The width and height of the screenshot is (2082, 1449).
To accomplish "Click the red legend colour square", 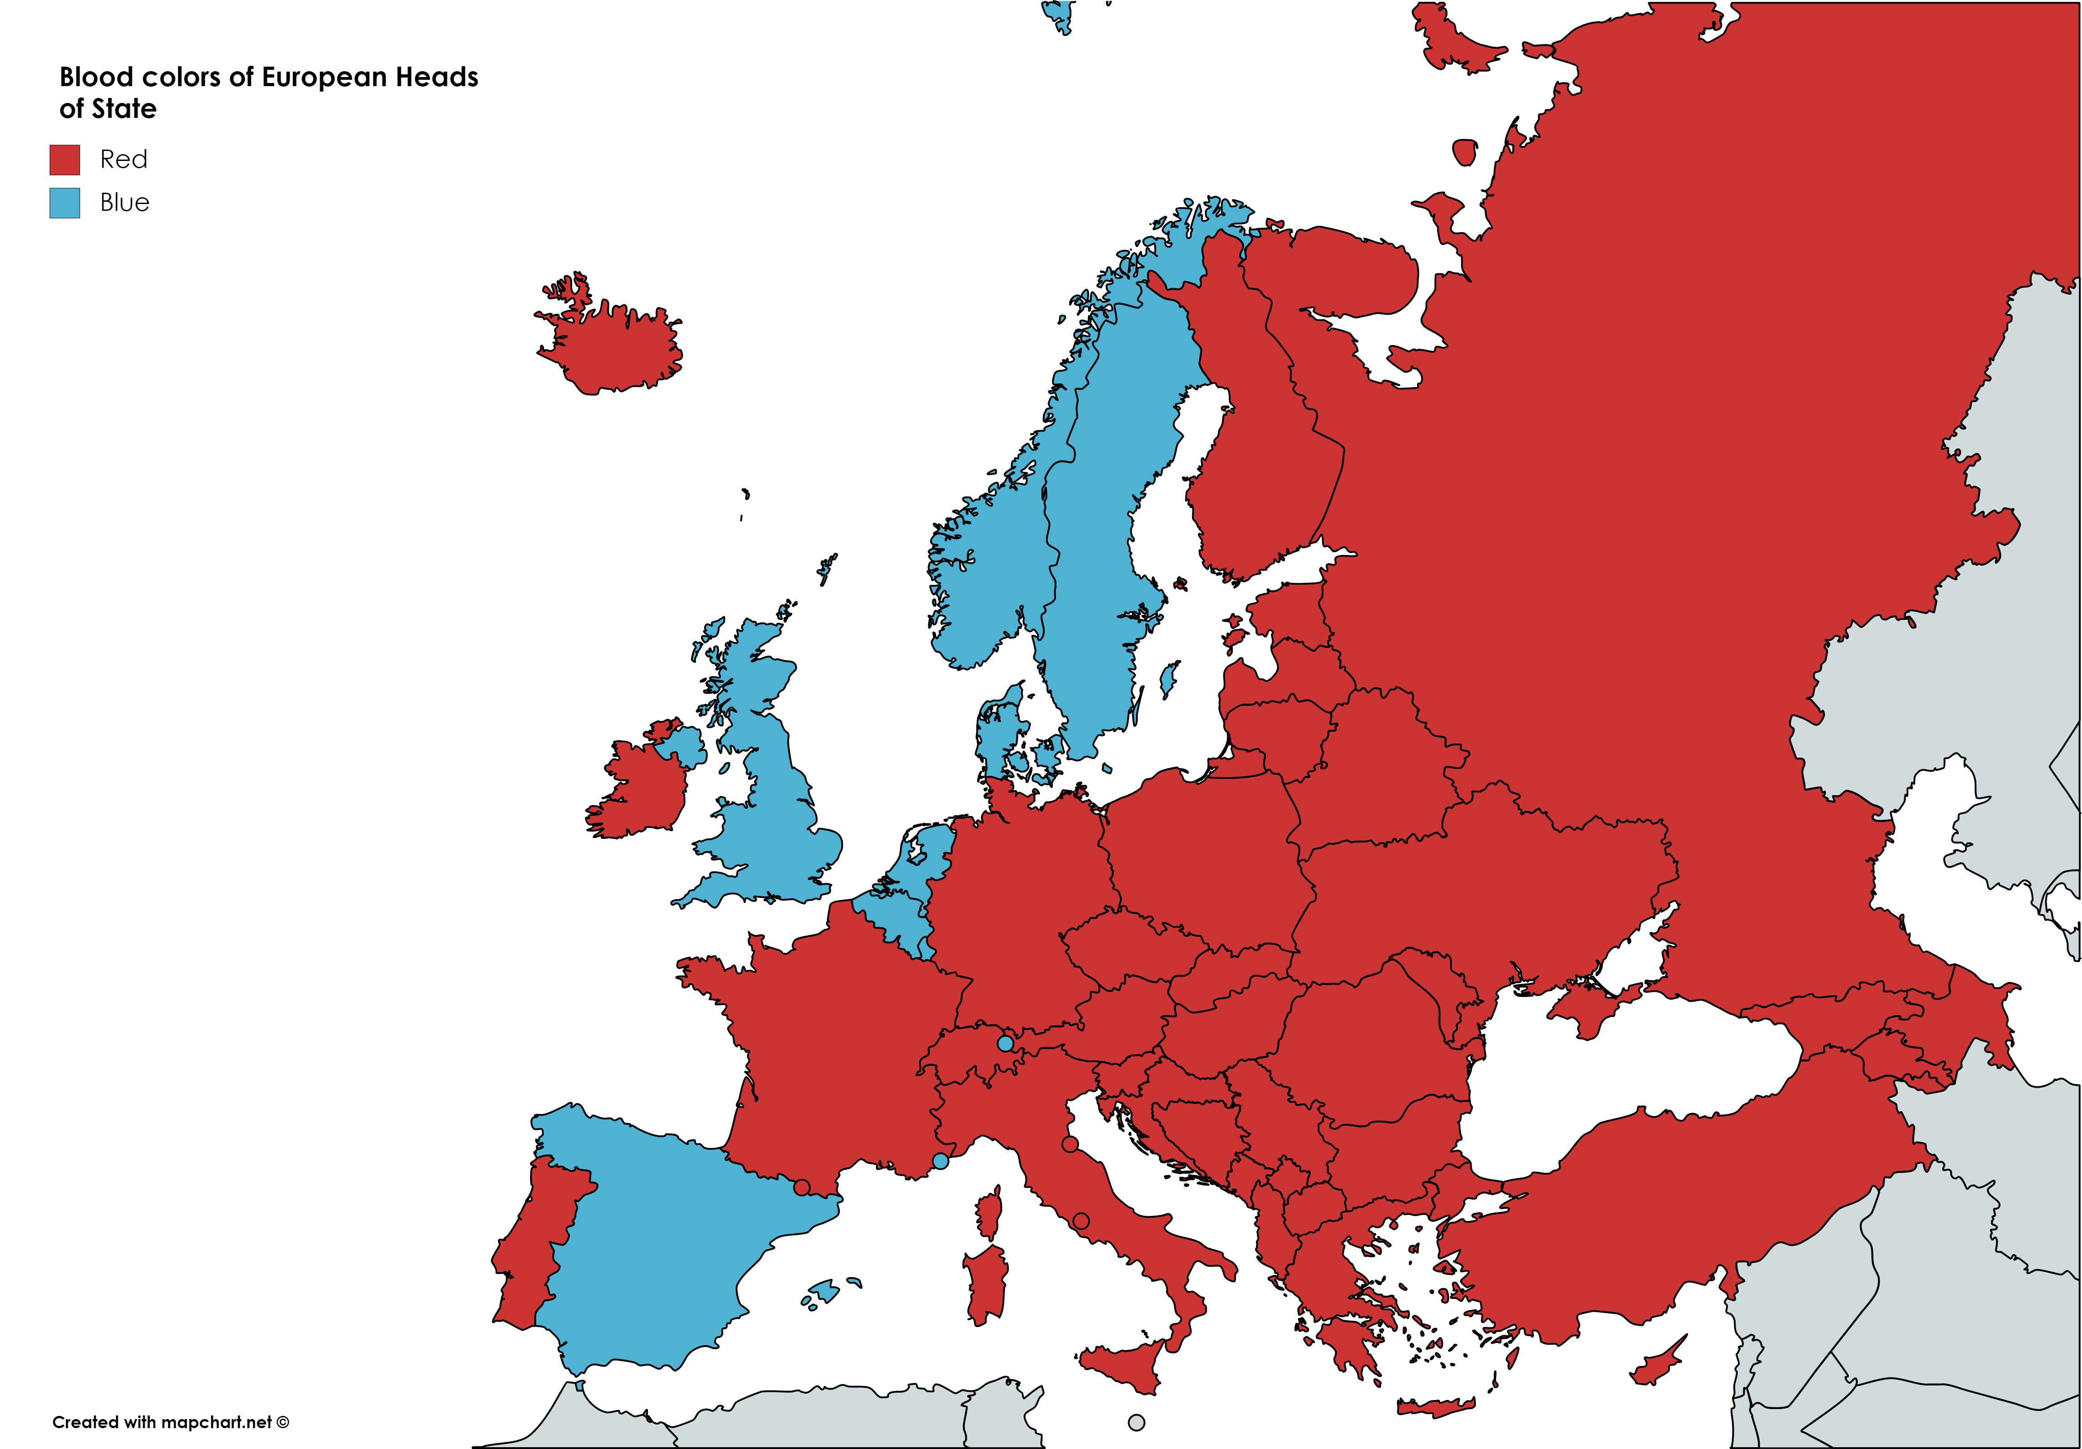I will coord(64,160).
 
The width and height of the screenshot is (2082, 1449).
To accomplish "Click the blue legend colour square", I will coord(64,202).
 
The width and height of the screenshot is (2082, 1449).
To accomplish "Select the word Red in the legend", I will coord(123,160).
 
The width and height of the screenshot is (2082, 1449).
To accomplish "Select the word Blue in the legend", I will coord(124,202).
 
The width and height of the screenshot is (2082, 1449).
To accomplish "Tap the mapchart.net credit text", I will coord(170,1422).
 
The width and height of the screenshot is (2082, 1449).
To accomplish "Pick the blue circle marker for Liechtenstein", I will coord(1005,1044).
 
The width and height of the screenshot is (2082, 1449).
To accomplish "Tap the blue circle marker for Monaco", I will coord(940,1161).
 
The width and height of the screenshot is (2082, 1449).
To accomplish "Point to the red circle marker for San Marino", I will coord(1070,1144).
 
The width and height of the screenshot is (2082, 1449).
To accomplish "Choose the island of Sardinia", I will coord(987,1283).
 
